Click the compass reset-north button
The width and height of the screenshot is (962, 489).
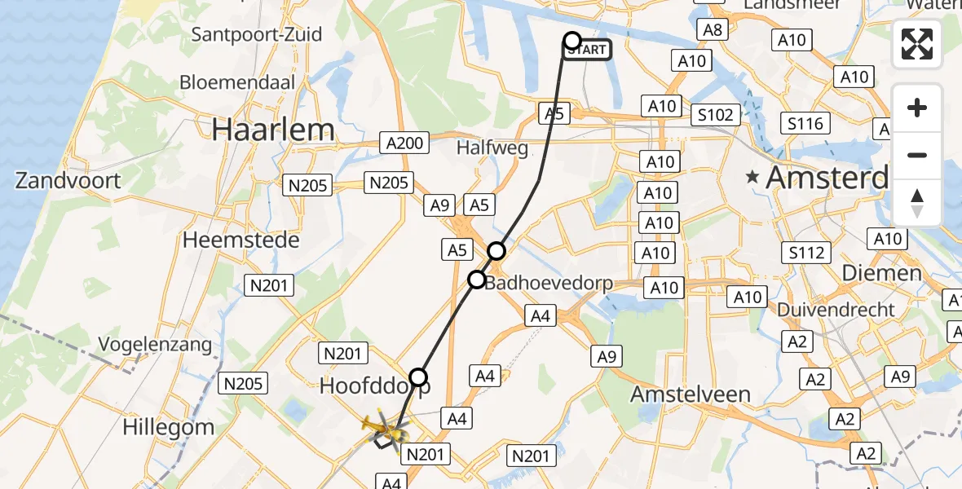pyautogui.click(x=917, y=203)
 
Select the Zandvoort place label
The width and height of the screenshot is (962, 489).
pyautogui.click(x=68, y=180)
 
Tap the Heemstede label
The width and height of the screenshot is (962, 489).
pyautogui.click(x=241, y=240)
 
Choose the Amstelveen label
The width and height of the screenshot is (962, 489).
pyautogui.click(x=691, y=394)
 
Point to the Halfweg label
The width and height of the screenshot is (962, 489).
pyautogui.click(x=492, y=148)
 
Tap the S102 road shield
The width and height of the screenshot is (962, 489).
pyautogui.click(x=716, y=115)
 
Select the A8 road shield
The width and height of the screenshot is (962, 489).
pyautogui.click(x=713, y=30)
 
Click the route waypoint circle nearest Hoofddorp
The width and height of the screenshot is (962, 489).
pyautogui.click(x=418, y=377)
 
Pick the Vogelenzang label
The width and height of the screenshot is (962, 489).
pyautogui.click(x=156, y=344)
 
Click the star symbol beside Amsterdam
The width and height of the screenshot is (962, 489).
pyautogui.click(x=752, y=177)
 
